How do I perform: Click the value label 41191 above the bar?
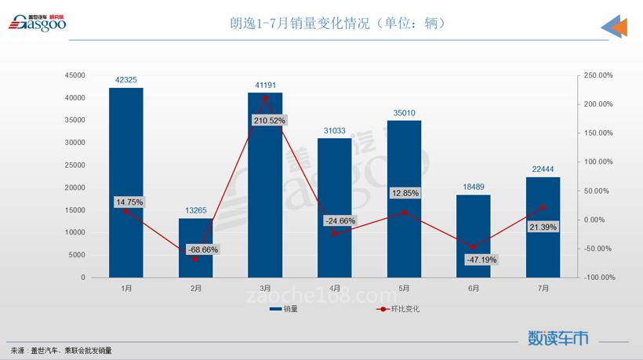265,85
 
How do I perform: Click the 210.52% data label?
269,120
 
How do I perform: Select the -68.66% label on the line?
203,249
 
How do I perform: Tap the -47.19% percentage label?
481,260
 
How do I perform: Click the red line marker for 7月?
543,207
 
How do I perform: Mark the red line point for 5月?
404,212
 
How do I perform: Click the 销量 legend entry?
283,309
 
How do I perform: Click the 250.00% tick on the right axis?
598,75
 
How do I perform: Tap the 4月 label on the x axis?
334,288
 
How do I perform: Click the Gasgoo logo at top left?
38,24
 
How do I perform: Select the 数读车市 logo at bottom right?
558,338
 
